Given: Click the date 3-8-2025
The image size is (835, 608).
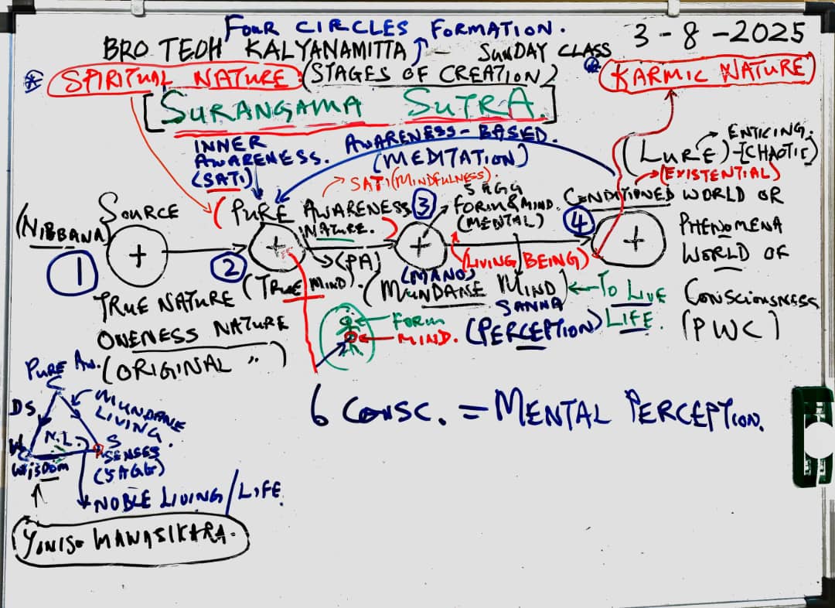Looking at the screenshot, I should coord(720,34).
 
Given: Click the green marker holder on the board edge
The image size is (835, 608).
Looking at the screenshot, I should coord(813,436).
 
